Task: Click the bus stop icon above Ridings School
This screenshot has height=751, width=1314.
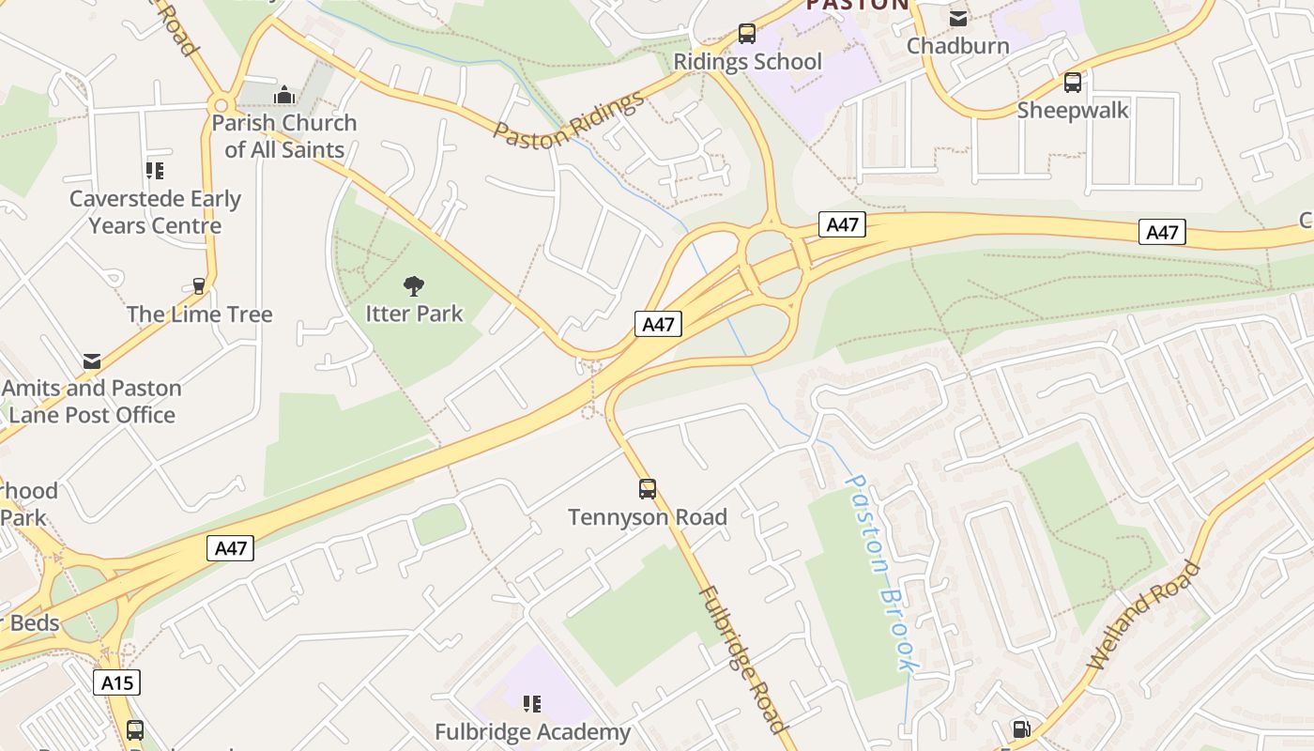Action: pos(747,34)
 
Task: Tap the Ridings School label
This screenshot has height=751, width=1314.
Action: pos(748,62)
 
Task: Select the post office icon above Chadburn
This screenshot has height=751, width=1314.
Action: pos(958,18)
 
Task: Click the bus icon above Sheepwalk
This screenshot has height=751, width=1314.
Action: pos(1073,83)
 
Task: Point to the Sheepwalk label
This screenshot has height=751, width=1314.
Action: pos(1073,111)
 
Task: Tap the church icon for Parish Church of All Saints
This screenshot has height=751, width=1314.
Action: pos(283,95)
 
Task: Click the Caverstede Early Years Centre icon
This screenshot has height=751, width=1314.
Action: pos(155,171)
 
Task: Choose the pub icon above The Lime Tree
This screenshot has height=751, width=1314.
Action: pos(199,285)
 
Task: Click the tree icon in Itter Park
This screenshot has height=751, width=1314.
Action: pos(414,285)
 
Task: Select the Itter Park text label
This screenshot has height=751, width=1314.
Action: pos(414,314)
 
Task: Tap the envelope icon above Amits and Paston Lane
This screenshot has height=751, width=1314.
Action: pos(92,360)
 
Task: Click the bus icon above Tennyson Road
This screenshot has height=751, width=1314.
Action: pos(648,488)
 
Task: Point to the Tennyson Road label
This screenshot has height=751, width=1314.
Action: pos(648,517)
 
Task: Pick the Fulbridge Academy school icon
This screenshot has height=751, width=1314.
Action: pos(532,703)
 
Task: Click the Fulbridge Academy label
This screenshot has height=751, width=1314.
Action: pos(532,732)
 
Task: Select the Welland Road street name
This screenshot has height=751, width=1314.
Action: pos(1144,615)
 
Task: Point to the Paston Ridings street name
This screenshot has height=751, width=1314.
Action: pos(570,119)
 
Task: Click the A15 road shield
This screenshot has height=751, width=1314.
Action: pos(117,682)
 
